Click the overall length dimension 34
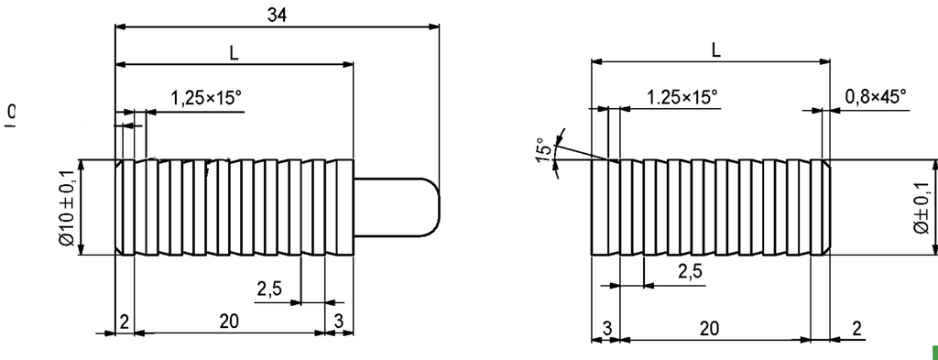coord(277,15)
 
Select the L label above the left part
coord(234,53)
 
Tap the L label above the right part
coord(716,50)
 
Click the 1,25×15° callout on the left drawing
coord(206,97)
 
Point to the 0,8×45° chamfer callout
coord(875,95)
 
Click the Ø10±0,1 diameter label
coord(66,207)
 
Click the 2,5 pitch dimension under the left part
coord(268,289)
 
